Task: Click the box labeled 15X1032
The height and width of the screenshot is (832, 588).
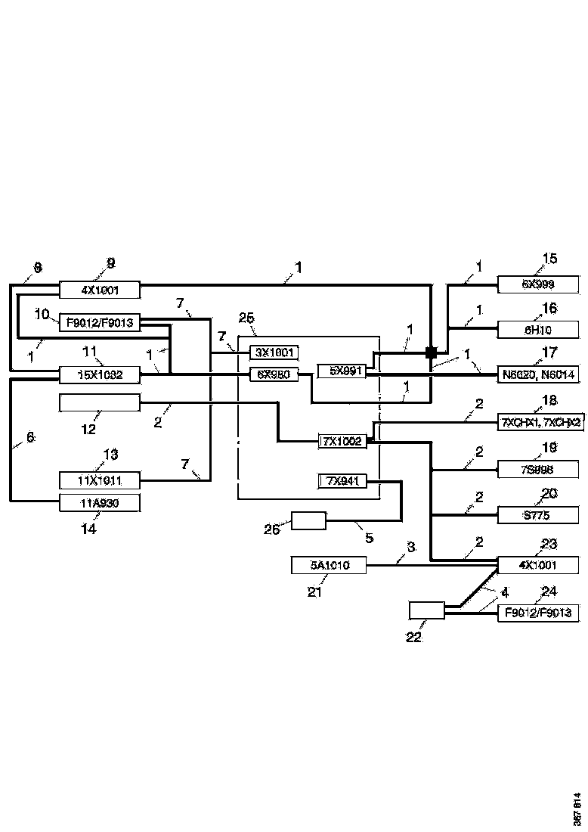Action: (100, 374)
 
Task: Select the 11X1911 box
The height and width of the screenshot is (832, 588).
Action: (100, 480)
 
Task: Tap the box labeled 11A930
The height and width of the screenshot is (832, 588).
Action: (100, 501)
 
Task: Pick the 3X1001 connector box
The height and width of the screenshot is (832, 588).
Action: (274, 352)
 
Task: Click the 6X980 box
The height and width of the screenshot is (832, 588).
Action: (274, 374)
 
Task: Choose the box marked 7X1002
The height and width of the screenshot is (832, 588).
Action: (342, 440)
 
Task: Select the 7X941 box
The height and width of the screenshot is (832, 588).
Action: (342, 480)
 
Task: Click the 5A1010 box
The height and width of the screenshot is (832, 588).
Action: (330, 564)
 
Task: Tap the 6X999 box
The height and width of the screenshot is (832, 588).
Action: (538, 285)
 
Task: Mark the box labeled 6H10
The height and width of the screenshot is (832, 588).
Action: (538, 329)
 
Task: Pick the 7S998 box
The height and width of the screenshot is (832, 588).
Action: (538, 470)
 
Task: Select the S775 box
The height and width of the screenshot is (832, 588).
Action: (538, 516)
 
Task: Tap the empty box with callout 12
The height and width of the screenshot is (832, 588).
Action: (100, 403)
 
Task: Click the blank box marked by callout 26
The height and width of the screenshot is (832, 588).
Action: (309, 520)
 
